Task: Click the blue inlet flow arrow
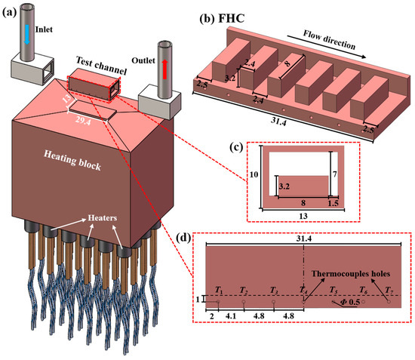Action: (x=26, y=35)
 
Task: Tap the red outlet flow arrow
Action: (x=164, y=69)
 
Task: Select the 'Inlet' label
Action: (x=44, y=29)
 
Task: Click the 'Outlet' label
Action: (x=143, y=60)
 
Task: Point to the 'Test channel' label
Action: (x=101, y=66)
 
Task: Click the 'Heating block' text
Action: (x=72, y=161)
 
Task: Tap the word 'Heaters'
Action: (x=103, y=218)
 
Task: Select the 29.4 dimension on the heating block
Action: (x=82, y=121)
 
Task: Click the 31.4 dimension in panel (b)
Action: (x=278, y=122)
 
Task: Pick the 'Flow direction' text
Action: (x=329, y=40)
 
